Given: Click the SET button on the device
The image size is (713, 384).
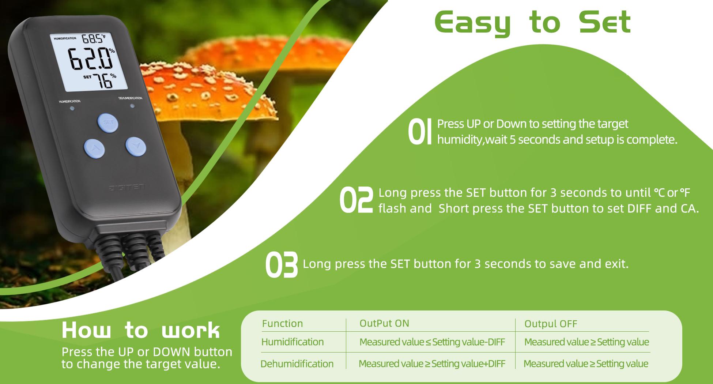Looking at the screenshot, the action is click(x=107, y=122).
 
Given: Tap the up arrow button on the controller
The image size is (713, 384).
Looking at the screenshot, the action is click(x=94, y=148).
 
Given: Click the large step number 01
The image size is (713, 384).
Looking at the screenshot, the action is click(x=419, y=131).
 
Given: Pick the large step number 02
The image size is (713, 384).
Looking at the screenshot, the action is click(x=356, y=200).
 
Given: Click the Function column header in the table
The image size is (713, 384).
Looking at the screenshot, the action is click(x=282, y=323).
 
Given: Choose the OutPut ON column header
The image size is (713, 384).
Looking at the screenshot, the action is click(x=384, y=323).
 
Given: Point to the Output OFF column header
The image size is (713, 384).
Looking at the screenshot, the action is click(x=551, y=324).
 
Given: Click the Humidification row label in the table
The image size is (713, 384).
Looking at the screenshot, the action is click(x=293, y=342).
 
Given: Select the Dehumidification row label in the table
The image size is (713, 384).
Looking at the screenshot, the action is click(x=297, y=364).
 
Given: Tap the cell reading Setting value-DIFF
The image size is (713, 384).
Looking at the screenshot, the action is click(x=432, y=342).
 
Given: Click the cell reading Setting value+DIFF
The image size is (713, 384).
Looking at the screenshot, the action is click(x=432, y=364).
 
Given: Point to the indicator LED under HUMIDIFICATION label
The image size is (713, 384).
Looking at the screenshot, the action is click(x=72, y=108).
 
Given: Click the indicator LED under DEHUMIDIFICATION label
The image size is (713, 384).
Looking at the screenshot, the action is click(x=132, y=106).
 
